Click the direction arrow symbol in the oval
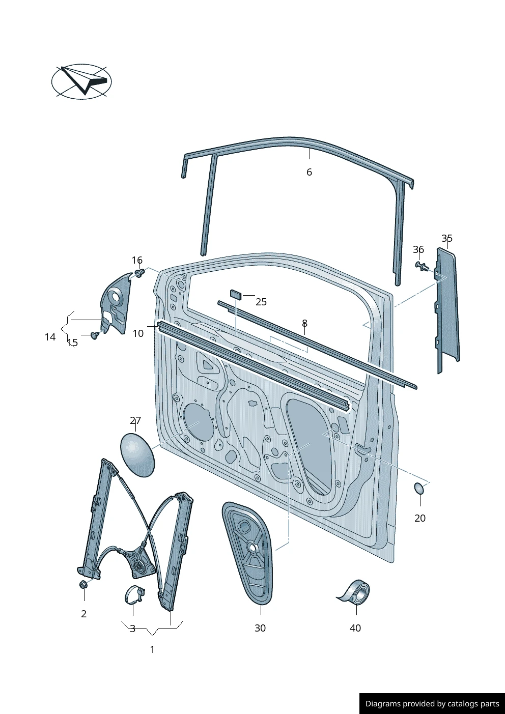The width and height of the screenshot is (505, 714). click(84, 80)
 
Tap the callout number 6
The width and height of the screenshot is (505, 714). click(309, 172)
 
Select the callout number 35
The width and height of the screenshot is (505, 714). click(447, 238)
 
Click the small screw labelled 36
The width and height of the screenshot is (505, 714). click(423, 267)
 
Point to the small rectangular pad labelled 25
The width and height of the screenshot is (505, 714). click(236, 294)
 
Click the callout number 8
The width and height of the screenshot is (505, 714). click(304, 323)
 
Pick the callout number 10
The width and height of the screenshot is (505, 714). click(138, 333)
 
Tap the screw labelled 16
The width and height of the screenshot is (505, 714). click(139, 273)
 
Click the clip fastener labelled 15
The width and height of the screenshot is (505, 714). click(94, 335)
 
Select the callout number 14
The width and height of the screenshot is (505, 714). click(50, 337)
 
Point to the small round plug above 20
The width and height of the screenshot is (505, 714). click(419, 489)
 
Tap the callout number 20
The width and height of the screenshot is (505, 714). click(420, 518)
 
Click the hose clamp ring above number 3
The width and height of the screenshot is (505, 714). click(134, 595)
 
